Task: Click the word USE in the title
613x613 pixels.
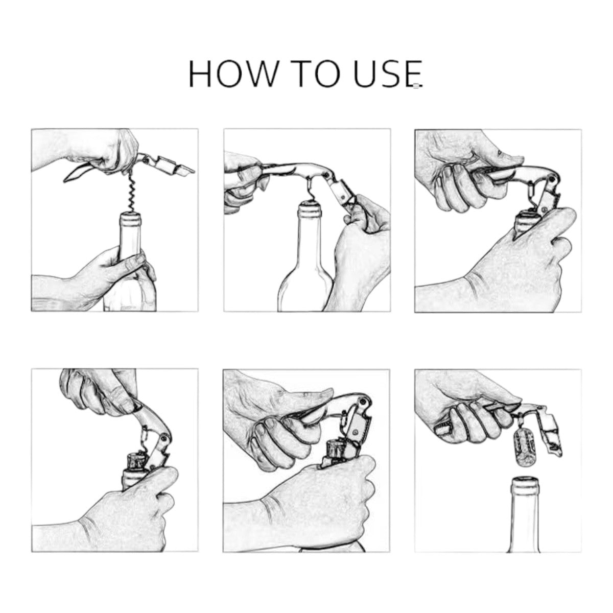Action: click(x=394, y=74)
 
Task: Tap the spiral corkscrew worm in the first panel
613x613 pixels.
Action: click(x=131, y=194)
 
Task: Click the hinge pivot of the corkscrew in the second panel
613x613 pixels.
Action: click(x=326, y=174)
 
